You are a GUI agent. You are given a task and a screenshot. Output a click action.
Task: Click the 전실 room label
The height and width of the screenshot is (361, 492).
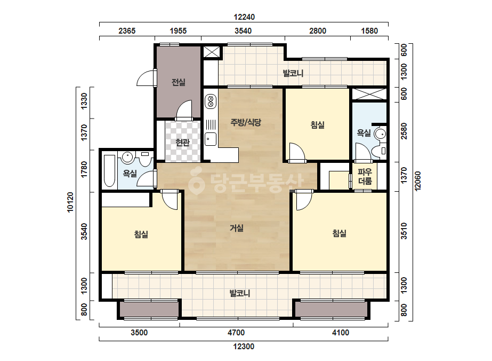pyautogui.click(x=178, y=82)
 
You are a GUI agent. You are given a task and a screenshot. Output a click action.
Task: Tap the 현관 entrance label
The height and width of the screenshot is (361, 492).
pyautogui.click(x=183, y=143)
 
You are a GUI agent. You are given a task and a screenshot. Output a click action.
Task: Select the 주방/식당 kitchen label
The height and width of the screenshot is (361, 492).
pyautogui.click(x=246, y=122)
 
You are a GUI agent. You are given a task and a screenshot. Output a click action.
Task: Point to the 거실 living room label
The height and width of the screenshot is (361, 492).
pyautogui.click(x=237, y=228)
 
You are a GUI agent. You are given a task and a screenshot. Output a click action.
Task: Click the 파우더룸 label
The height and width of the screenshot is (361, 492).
pyautogui.click(x=365, y=176)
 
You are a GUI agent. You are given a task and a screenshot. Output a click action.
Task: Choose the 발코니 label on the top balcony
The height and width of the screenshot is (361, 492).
pyautogui.click(x=293, y=74)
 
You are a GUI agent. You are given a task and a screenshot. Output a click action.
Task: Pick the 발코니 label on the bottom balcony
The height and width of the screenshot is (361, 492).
pyautogui.click(x=240, y=293)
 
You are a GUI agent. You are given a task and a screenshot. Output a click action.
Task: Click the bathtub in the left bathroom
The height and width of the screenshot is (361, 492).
pyautogui.click(x=109, y=171)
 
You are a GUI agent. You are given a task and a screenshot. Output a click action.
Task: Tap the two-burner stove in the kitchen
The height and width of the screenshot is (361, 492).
pyautogui.click(x=211, y=102)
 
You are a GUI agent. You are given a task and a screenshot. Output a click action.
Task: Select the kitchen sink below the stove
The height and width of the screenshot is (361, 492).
pyautogui.click(x=211, y=139)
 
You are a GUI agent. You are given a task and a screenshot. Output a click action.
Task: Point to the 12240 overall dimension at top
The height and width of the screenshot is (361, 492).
pyautogui.click(x=244, y=17)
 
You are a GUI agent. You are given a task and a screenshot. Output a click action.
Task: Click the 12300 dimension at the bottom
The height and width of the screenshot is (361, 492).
pyautogui.click(x=244, y=347)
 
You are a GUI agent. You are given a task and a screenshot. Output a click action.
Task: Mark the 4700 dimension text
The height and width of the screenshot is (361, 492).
pyautogui.click(x=236, y=332)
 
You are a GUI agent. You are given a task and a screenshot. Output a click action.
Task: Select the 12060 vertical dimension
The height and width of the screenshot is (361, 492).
pyautogui.click(x=417, y=181)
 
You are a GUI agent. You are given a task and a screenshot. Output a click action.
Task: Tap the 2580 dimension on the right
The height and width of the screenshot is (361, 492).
pyautogui.click(x=404, y=131)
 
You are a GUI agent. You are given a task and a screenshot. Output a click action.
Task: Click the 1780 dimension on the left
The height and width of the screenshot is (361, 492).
pyautogui.click(x=84, y=169)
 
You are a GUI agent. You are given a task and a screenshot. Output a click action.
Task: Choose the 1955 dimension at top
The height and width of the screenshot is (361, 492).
pyautogui.click(x=178, y=31)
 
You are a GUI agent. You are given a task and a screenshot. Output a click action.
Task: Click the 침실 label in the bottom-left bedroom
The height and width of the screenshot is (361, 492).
pyautogui.click(x=141, y=234)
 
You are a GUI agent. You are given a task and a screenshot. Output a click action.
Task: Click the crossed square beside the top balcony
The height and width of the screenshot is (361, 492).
pyautogui.click(x=212, y=52)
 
